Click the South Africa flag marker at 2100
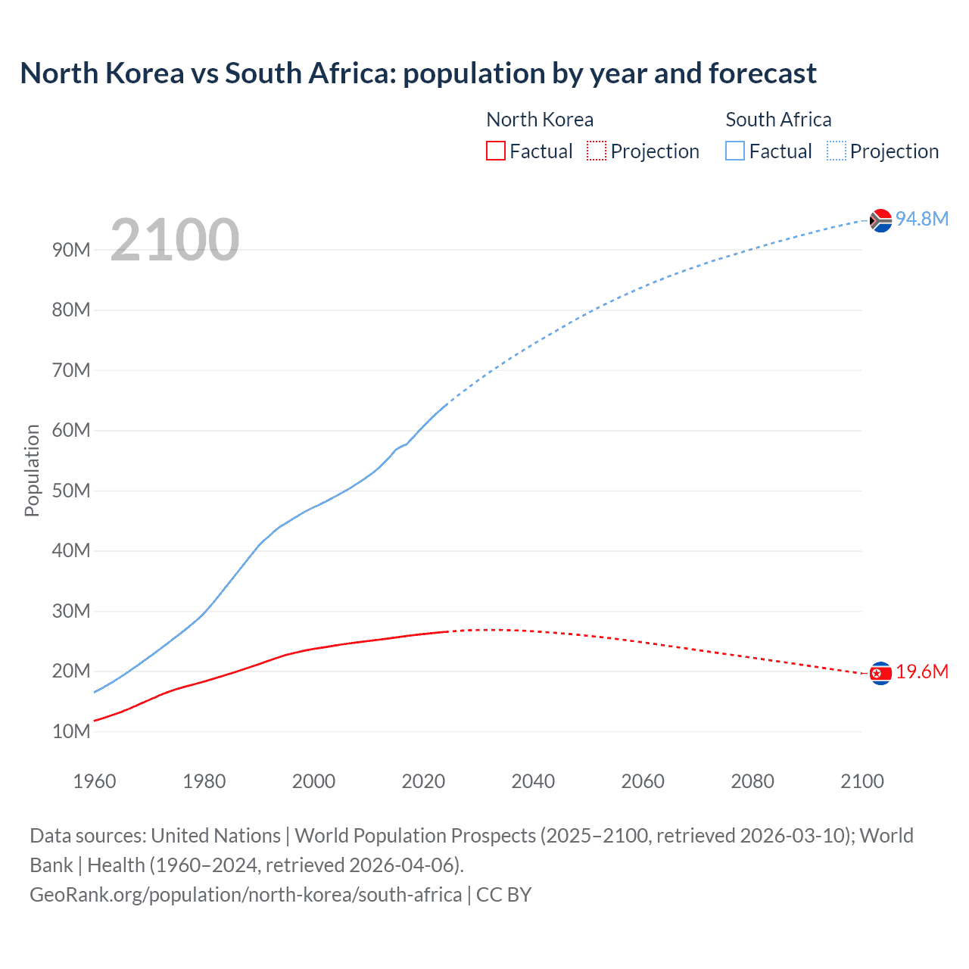[880, 220]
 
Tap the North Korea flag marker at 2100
[880, 673]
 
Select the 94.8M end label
[921, 219]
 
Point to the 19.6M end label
[921, 672]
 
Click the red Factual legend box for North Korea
[495, 151]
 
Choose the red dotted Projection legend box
[597, 151]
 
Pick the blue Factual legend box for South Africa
[735, 151]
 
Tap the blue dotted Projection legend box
[836, 151]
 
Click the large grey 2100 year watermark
[175, 240]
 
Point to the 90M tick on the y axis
[71, 250]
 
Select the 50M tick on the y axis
[71, 491]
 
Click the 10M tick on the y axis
[71, 731]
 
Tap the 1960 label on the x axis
[95, 781]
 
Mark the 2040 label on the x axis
[533, 781]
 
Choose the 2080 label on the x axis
[752, 781]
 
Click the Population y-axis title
[32, 470]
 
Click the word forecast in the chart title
[762, 73]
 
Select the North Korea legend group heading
[540, 120]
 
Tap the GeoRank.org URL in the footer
[245, 895]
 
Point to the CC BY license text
[504, 895]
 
